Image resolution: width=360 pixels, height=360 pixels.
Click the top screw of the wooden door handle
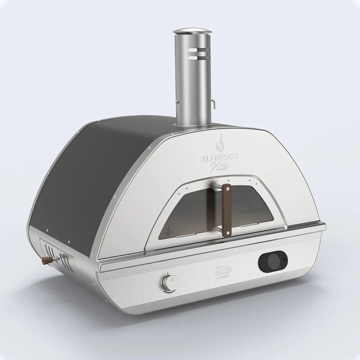(228, 189)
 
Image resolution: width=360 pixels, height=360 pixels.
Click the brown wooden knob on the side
(46, 259)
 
